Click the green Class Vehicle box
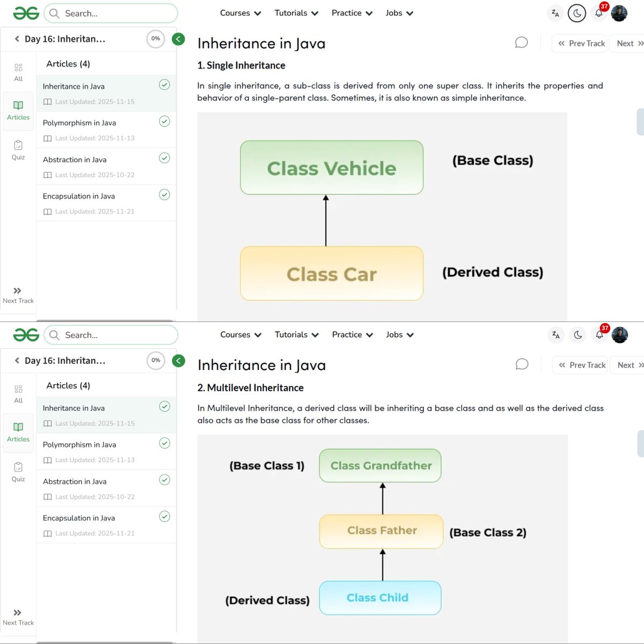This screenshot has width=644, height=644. [332, 168]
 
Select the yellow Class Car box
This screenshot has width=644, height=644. [332, 274]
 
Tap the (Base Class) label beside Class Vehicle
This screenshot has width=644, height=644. [493, 160]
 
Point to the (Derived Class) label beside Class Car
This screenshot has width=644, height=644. [493, 272]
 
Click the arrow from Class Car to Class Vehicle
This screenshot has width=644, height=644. [326, 221]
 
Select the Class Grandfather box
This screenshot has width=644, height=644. [380, 466]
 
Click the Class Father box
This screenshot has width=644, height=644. [382, 531]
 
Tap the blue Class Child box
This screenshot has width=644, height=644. [380, 598]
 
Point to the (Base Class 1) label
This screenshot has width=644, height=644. [267, 466]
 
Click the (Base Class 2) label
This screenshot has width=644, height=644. [488, 532]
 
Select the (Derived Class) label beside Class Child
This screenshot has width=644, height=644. [267, 600]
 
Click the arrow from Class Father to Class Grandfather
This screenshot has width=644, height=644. [383, 499]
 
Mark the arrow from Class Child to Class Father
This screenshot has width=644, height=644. [383, 565]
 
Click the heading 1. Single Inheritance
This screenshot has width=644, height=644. [241, 65]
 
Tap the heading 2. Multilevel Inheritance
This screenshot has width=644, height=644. [250, 387]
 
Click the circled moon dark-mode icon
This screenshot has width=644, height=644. [577, 13]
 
